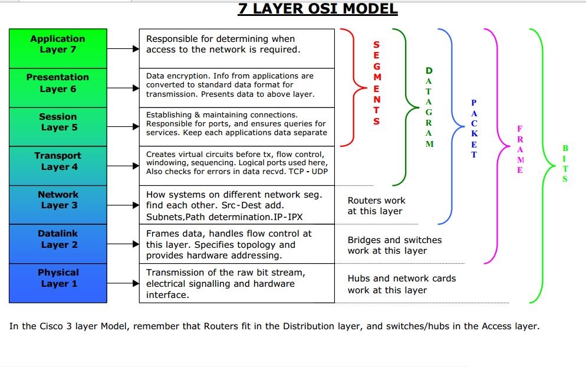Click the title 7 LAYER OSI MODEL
coord(318,9)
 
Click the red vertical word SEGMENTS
coord(377,83)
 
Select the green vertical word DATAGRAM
coord(429,107)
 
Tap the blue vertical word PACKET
coord(474,129)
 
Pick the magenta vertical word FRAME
coord(519,149)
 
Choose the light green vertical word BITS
coord(565,163)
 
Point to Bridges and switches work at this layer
coord(394,245)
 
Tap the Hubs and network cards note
coord(401,284)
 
